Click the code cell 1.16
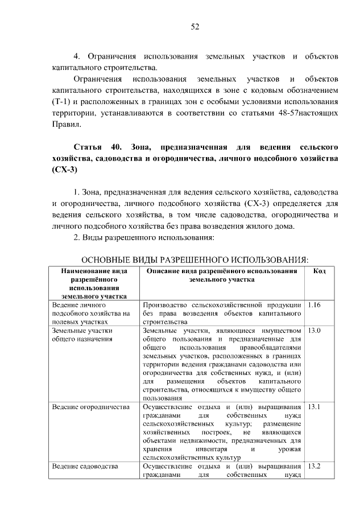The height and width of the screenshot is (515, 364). click(x=314, y=306)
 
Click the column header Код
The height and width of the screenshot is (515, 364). click(x=320, y=271)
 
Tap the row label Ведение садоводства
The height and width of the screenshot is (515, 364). click(x=84, y=467)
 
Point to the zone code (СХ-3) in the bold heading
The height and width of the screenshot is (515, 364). click(x=63, y=170)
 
